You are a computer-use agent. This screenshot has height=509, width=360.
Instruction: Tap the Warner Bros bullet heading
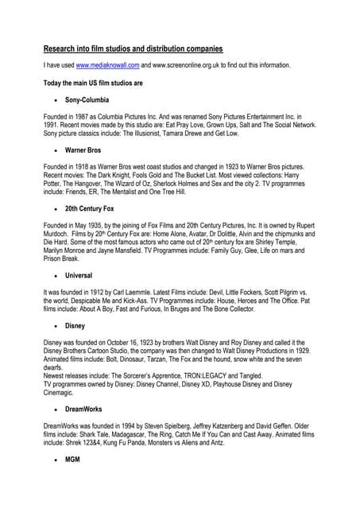pyautogui.click(x=83, y=150)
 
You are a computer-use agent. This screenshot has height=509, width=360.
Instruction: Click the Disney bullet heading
pyautogui.click(x=76, y=325)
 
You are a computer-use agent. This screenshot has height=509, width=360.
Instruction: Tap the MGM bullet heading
pyautogui.click(x=73, y=460)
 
